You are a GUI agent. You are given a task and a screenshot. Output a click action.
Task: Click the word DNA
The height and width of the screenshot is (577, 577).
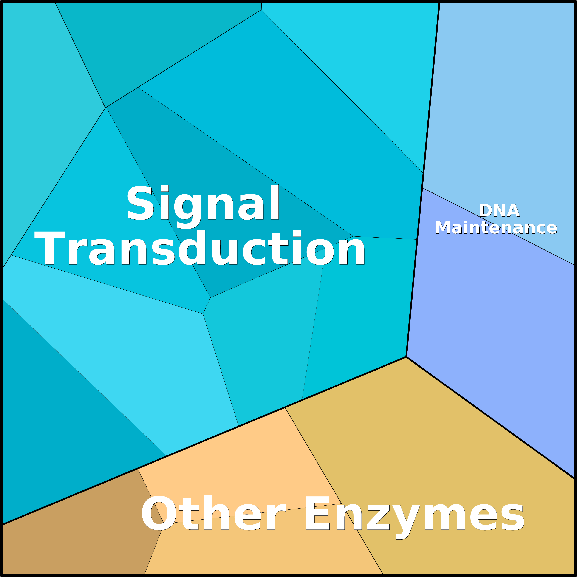499,211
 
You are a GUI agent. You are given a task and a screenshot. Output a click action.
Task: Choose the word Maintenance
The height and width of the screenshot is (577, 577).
496,228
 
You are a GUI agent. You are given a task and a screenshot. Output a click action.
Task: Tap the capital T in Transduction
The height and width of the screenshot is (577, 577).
50,248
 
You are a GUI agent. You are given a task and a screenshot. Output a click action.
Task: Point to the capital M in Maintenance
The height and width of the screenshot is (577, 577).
443,228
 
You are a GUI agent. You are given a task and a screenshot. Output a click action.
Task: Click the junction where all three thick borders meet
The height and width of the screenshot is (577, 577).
406,356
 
